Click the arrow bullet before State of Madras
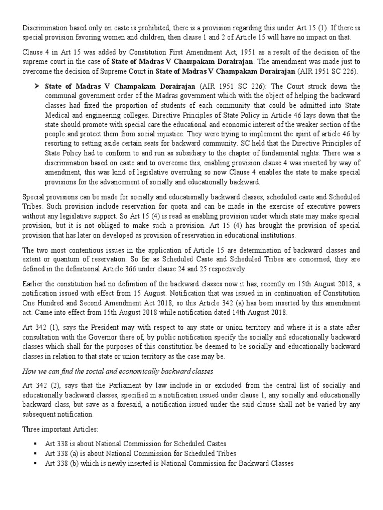[36, 86]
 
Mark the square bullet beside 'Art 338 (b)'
[36, 463]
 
